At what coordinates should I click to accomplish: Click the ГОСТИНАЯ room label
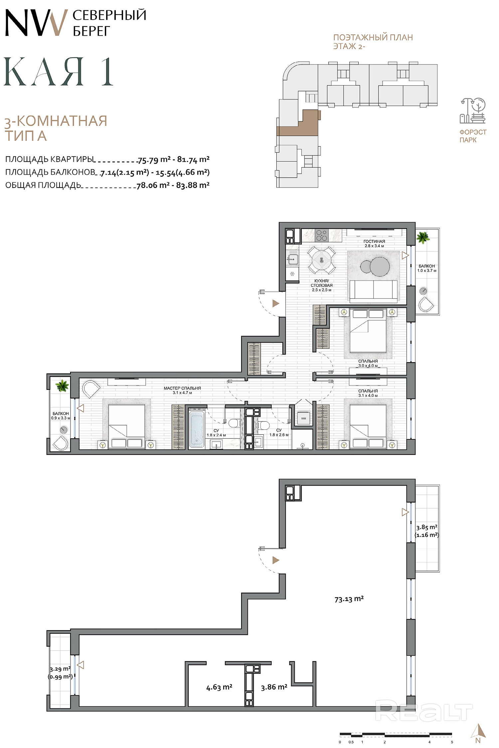click(374, 241)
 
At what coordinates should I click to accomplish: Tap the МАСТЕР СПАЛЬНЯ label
click(182, 388)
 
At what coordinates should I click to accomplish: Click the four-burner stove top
click(321, 235)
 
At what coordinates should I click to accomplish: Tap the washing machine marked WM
click(303, 418)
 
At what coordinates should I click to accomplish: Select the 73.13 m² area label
click(349, 599)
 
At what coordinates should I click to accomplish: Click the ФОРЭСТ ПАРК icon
click(473, 111)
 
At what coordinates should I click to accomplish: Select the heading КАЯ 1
click(59, 72)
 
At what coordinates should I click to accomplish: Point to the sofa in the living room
click(374, 290)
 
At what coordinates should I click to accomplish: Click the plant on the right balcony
click(423, 237)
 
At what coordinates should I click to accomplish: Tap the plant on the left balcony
click(62, 386)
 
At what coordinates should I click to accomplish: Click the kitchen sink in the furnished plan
click(293, 259)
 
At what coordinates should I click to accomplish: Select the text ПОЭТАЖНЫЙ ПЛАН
click(373, 37)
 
